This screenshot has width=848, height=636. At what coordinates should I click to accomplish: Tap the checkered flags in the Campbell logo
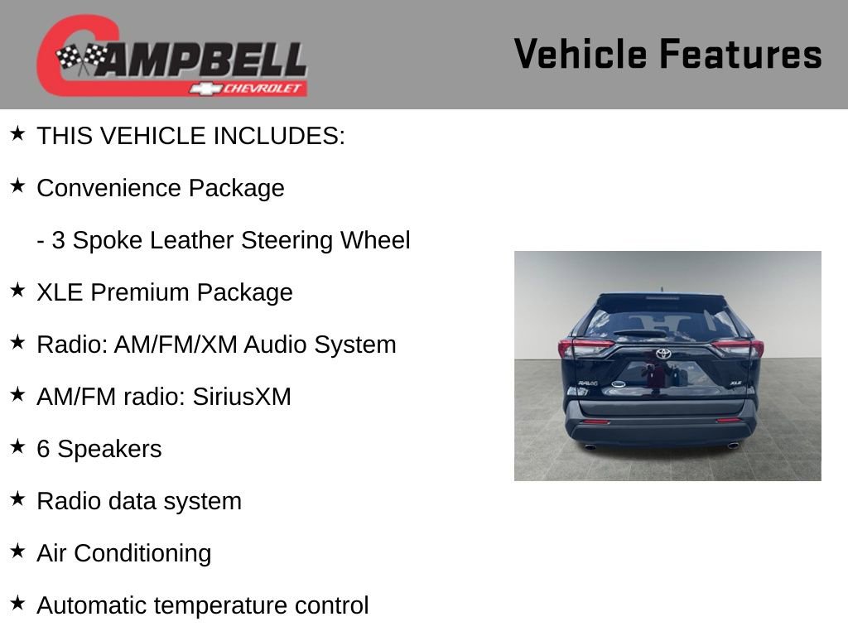click(82, 58)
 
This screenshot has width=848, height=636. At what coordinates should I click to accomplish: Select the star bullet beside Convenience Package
click(17, 185)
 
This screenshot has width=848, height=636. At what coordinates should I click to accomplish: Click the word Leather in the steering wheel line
click(193, 240)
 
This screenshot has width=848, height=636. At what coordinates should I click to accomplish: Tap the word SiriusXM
click(242, 397)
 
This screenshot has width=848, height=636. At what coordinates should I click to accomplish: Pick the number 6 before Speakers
click(44, 449)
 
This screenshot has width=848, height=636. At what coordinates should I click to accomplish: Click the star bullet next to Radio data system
click(17, 499)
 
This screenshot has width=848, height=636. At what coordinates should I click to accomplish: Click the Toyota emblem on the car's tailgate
click(663, 354)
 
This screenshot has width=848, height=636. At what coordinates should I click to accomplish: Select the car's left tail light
click(584, 347)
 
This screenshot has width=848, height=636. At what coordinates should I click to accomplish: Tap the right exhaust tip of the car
click(733, 446)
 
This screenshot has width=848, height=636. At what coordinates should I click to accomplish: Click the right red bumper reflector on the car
click(728, 421)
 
